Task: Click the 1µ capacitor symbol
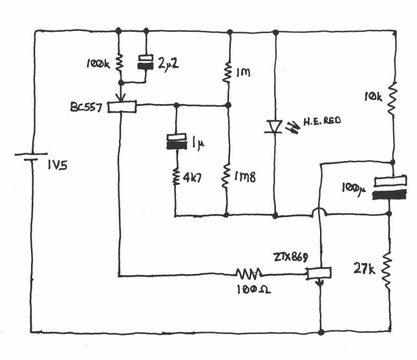click(175, 141)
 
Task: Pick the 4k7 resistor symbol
click(175, 176)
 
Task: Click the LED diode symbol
click(275, 127)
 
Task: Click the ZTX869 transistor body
click(318, 274)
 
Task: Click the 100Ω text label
click(254, 290)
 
